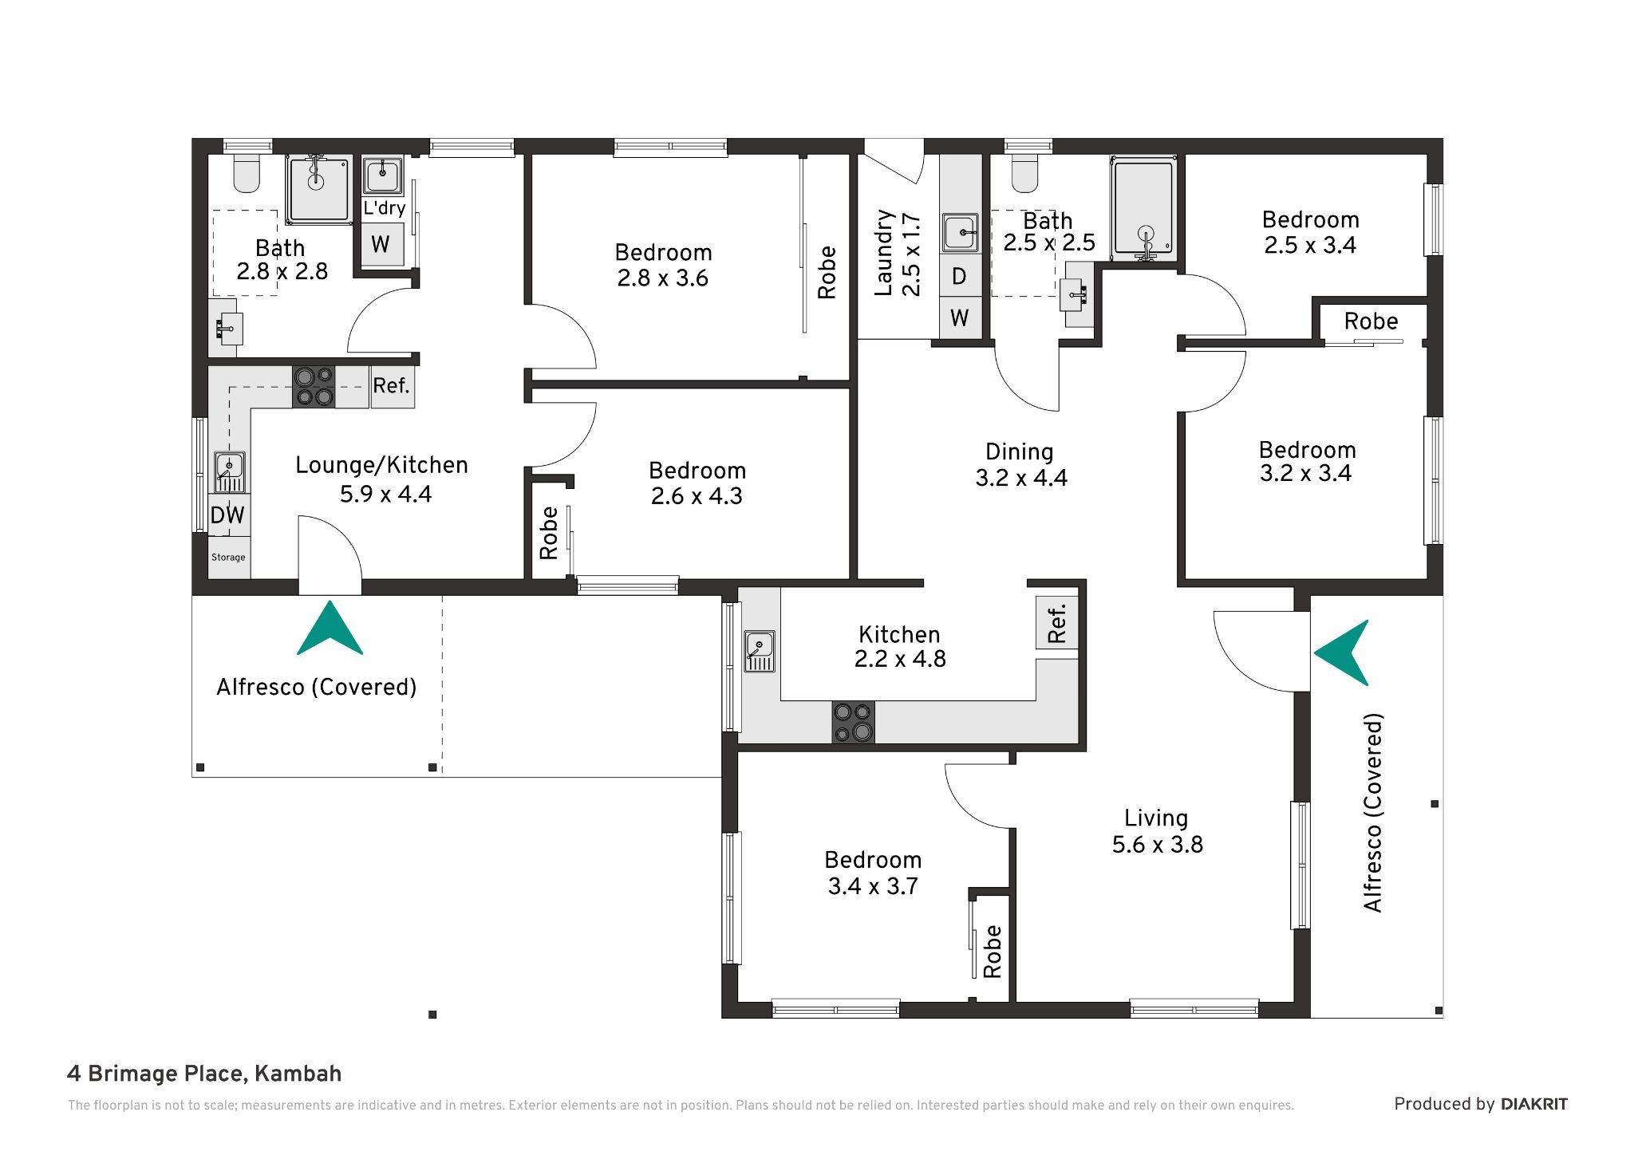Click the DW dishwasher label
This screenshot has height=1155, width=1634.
[227, 514]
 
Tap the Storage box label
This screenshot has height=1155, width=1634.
[228, 558]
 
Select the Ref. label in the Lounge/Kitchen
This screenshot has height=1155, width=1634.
[391, 386]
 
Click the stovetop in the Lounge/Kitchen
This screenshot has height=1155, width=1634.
[314, 386]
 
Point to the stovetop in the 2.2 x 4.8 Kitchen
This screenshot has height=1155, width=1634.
[853, 723]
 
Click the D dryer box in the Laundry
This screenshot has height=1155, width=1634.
[960, 276]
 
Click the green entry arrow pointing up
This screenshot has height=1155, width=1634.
[330, 629]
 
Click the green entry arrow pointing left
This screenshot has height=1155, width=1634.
[1342, 652]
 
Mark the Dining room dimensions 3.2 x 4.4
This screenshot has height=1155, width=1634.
[1021, 478]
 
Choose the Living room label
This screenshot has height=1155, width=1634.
[1156, 818]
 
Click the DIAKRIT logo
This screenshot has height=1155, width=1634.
[1534, 1104]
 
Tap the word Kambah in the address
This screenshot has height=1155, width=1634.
[298, 1074]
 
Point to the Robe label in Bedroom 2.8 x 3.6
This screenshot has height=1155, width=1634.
[827, 273]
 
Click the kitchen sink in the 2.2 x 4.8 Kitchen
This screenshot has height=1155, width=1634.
[760, 651]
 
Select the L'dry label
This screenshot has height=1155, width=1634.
[385, 208]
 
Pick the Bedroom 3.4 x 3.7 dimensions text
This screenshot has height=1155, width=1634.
[873, 886]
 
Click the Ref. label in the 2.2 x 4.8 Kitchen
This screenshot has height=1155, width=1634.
[1057, 624]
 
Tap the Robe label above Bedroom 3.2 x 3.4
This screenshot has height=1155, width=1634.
[1371, 321]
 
